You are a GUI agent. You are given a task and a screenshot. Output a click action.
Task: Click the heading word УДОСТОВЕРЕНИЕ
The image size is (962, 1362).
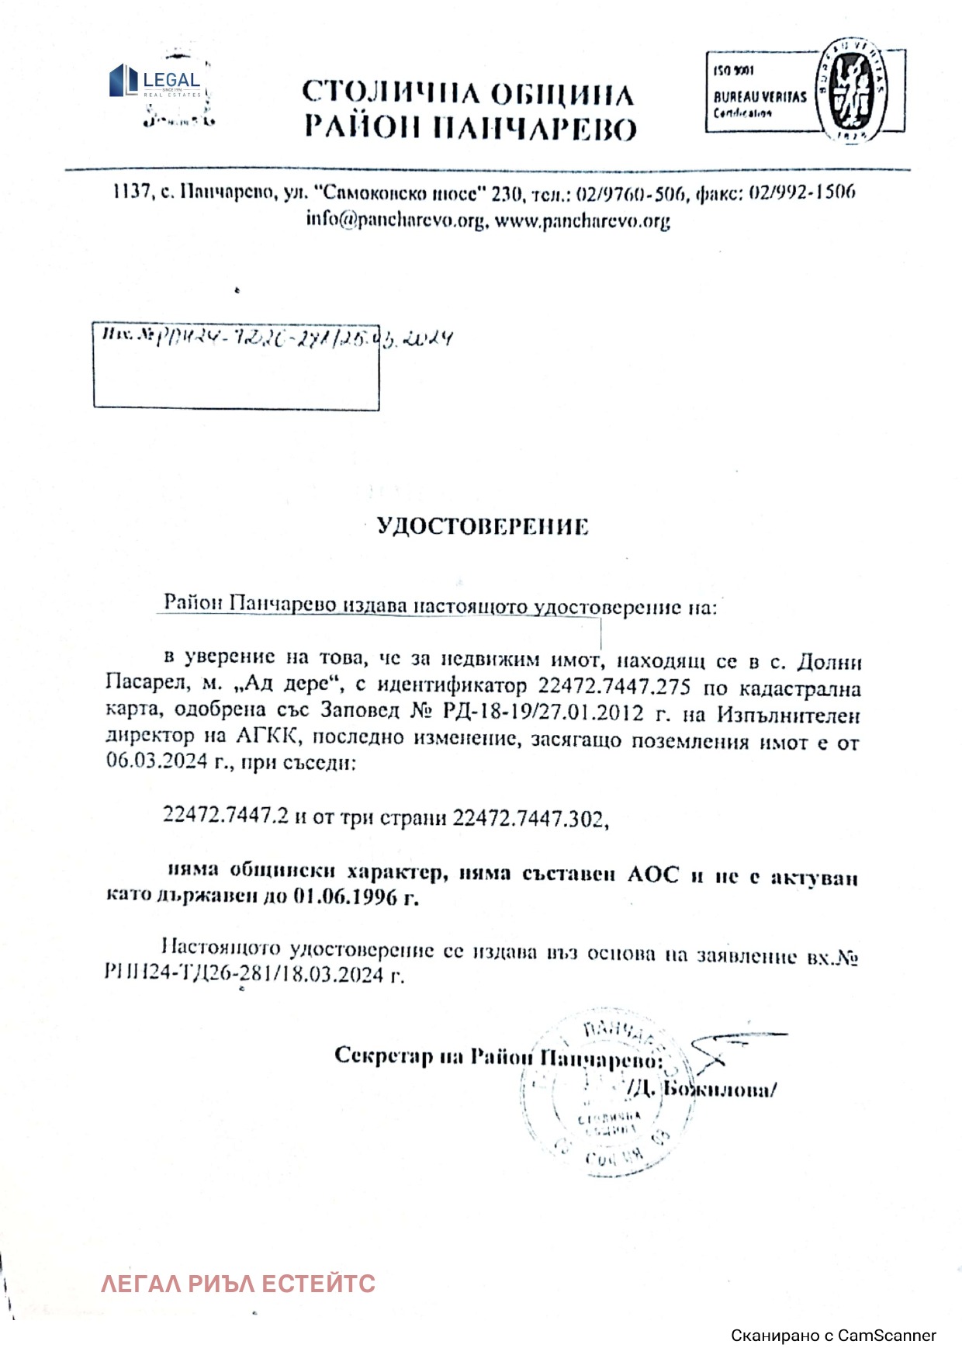(483, 527)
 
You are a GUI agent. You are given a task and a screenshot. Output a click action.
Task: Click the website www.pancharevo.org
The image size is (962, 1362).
(582, 221)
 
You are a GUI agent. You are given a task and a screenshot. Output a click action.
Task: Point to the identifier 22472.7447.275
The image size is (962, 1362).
(614, 687)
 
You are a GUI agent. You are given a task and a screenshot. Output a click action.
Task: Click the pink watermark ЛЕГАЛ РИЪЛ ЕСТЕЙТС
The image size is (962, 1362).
(238, 1284)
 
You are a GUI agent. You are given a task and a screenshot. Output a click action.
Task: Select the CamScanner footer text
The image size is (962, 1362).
(833, 1336)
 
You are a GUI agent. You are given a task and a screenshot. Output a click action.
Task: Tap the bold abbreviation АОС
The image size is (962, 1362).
(652, 875)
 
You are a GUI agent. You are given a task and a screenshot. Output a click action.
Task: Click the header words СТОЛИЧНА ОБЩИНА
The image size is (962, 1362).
(468, 94)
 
